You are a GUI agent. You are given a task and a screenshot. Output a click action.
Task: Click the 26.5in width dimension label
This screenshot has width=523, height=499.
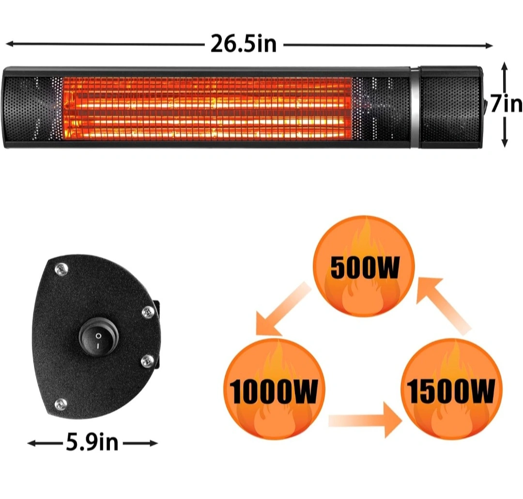coord(244,44)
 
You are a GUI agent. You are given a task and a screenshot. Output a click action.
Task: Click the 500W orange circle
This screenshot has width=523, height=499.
coord(364,266)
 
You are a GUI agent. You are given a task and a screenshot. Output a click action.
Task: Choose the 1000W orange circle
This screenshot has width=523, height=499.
coord(274,389)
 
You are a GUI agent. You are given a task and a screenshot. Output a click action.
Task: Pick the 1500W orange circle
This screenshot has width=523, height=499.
coord(451,389)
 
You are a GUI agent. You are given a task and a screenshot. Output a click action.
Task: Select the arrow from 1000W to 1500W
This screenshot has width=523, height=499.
coord(365,420)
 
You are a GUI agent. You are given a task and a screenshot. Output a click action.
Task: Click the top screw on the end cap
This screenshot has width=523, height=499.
coord(61,269)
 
